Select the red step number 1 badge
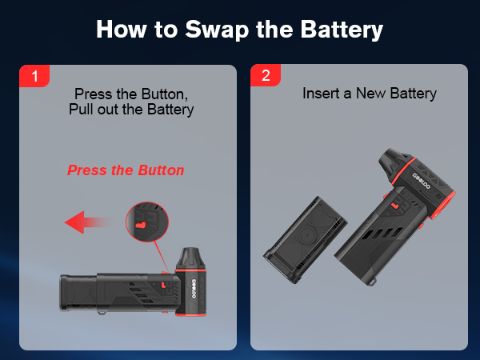(x=34, y=77)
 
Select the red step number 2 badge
(x=266, y=77)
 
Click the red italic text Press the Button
(x=126, y=170)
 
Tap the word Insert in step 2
(x=320, y=94)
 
